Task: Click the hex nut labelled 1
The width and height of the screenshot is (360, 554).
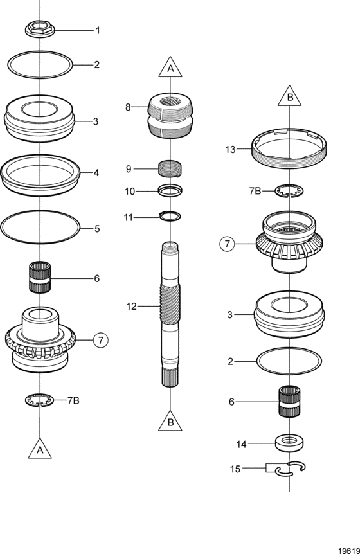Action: tap(40, 29)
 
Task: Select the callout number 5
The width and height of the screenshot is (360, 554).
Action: tap(97, 229)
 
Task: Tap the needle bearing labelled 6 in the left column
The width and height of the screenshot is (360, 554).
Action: tap(40, 277)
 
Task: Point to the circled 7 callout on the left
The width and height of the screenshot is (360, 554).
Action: tap(101, 340)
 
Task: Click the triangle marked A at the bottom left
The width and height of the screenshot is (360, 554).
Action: tap(40, 449)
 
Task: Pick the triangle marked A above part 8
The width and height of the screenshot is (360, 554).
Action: tap(170, 67)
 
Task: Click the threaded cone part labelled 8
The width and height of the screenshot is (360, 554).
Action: tap(170, 116)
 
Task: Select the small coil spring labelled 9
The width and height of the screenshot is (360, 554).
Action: tap(170, 168)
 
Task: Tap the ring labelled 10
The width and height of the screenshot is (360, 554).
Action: tap(170, 191)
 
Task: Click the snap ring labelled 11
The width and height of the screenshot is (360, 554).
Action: tap(170, 215)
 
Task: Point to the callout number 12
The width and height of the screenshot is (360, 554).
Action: tap(131, 307)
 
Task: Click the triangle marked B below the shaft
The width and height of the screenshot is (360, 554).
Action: tap(170, 422)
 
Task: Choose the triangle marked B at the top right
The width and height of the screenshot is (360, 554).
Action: tap(290, 96)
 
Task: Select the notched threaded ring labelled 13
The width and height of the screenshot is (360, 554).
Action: tap(289, 148)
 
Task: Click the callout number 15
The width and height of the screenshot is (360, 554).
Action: tap(235, 469)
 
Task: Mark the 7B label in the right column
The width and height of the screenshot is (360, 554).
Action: tap(255, 191)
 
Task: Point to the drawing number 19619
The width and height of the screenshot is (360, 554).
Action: tap(348, 551)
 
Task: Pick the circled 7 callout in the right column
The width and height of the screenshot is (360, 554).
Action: tap(227, 244)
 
